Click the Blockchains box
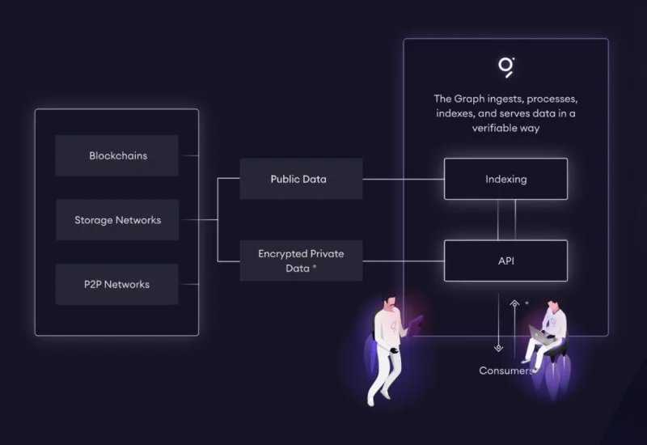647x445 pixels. pos(116,155)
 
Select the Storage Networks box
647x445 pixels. pos(117,220)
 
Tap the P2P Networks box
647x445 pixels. pos(116,285)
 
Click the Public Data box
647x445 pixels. pos(301,179)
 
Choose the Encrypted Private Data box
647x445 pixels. pos(301,261)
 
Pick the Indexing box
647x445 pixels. pos(506,179)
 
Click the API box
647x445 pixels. pos(506,261)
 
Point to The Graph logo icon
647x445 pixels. pos(506,67)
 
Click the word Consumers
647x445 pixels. pos(506,371)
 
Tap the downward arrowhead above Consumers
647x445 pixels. pos(498,348)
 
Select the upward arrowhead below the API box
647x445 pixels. pos(514,303)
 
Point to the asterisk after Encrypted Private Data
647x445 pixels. pos(315,267)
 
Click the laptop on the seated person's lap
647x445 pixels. pos(540,334)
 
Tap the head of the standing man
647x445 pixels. pos(390,302)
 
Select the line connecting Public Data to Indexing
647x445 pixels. pos(404,179)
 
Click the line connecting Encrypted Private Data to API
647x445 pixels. pos(404,261)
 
